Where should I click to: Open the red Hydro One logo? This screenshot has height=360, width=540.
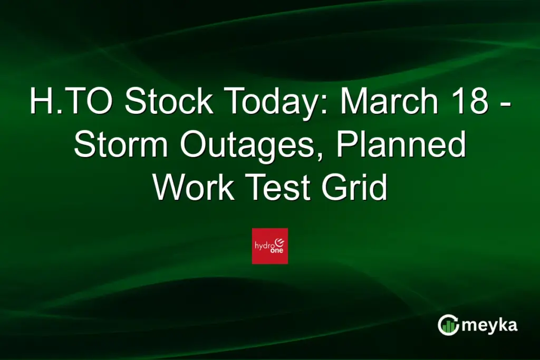(270, 246)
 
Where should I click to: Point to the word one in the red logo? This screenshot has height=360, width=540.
(276, 252)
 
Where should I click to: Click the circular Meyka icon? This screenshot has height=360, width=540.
(448, 325)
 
